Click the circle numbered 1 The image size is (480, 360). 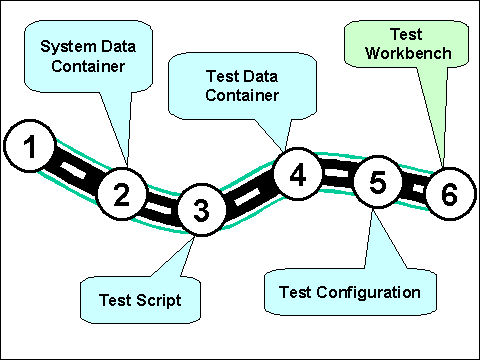[x=29, y=146]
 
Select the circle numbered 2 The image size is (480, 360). [x=122, y=194]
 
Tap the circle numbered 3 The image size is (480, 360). [x=202, y=210]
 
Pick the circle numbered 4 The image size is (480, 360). [x=298, y=174]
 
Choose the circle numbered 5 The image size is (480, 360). [x=377, y=182]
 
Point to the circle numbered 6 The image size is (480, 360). [x=450, y=194]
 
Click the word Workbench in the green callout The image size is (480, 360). [x=408, y=53]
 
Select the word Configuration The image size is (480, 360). [x=368, y=292]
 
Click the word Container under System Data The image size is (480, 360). [x=88, y=66]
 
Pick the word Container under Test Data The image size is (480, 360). [x=242, y=95]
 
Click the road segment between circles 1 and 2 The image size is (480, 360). [x=76, y=170]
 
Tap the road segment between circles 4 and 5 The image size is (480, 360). [x=338, y=173]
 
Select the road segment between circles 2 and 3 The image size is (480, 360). [x=162, y=205]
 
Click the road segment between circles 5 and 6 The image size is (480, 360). [x=414, y=188]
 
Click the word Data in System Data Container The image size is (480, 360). [x=118, y=46]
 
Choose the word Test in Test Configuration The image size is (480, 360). [x=295, y=292]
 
